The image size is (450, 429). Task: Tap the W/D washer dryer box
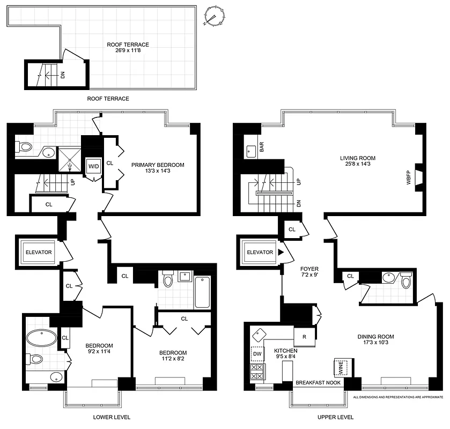tap(93, 167)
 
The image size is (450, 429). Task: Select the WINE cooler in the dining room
tap(341, 368)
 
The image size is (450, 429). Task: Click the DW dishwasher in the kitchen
tap(256, 354)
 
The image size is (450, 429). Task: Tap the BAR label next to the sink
tap(262, 147)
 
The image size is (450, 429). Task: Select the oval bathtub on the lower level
tap(40, 339)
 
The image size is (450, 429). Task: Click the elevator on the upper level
tap(260, 252)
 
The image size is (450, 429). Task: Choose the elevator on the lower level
tap(38, 252)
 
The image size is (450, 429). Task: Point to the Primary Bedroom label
tap(158, 165)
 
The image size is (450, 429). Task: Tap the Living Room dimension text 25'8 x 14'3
tap(357, 166)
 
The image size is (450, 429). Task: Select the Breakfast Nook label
tap(319, 383)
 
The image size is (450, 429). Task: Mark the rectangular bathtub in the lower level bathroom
tap(202, 292)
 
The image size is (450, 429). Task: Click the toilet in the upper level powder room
tap(405, 280)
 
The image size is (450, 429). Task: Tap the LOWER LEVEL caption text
tap(111, 417)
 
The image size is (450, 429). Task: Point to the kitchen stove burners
tap(256, 372)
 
